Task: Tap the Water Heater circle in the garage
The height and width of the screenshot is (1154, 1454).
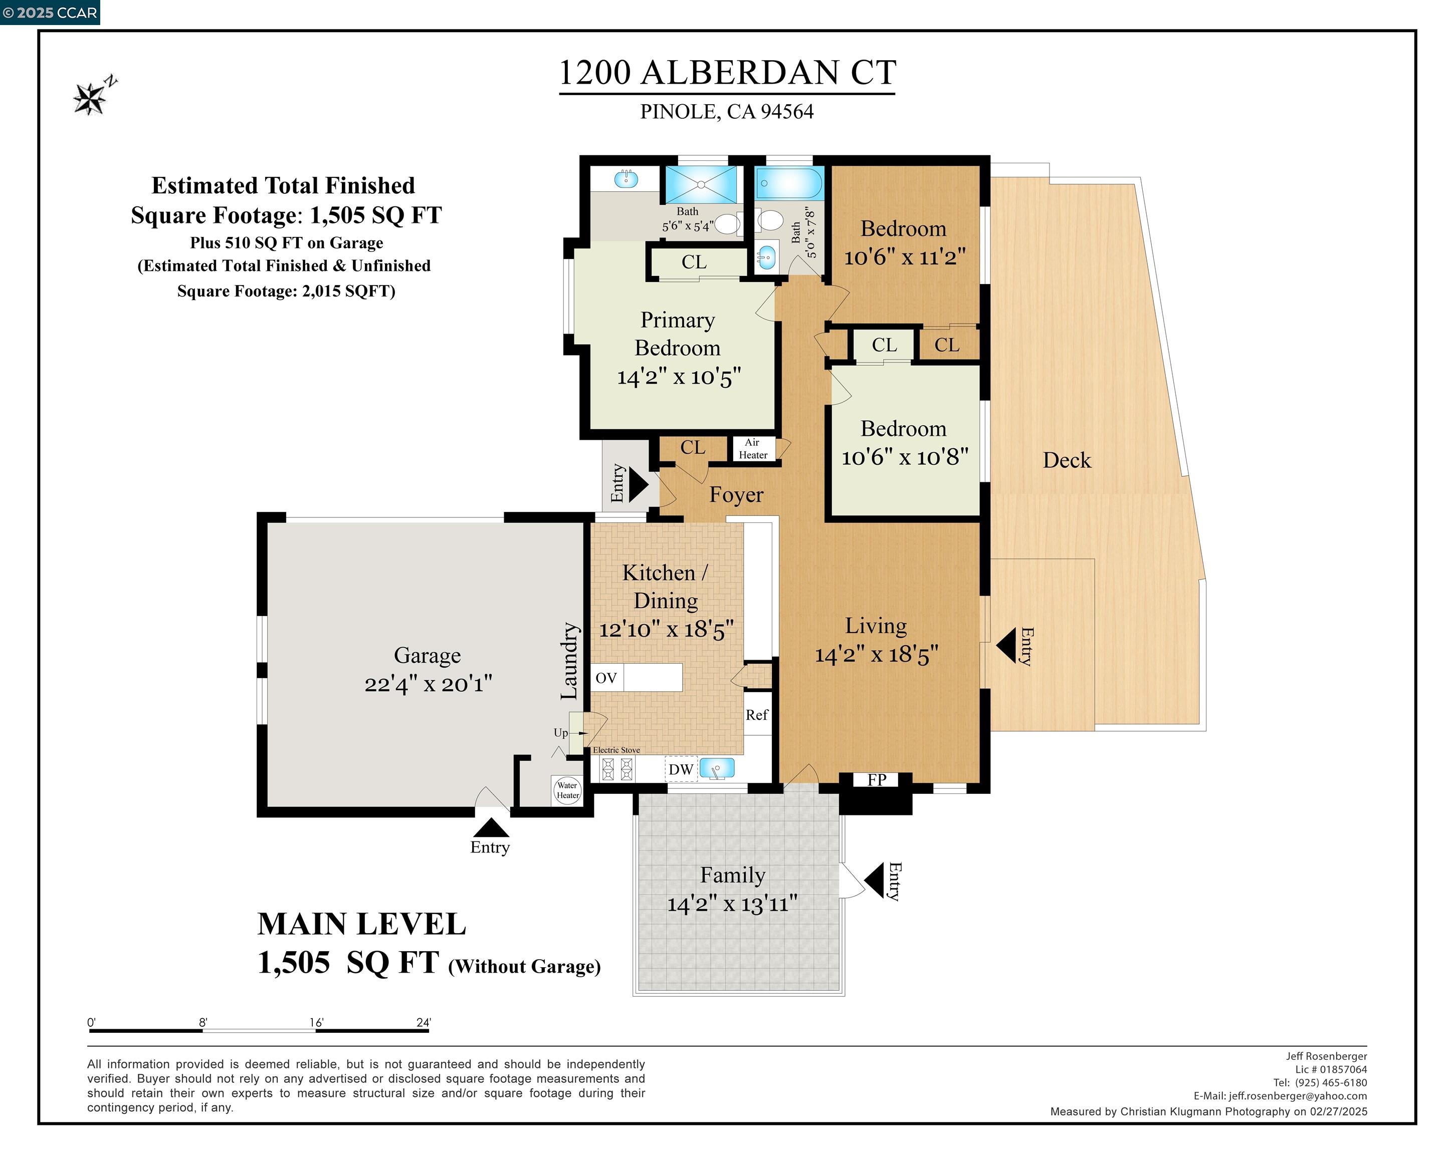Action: click(x=567, y=790)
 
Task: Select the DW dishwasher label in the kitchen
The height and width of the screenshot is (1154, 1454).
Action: click(x=681, y=769)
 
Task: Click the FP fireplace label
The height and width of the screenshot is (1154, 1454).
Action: click(x=876, y=780)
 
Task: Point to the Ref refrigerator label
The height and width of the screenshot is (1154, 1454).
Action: click(x=757, y=715)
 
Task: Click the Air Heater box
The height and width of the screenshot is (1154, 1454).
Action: click(x=753, y=449)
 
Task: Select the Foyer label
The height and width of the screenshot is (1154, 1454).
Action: click(x=736, y=495)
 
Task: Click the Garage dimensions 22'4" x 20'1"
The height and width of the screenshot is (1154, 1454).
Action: click(x=428, y=684)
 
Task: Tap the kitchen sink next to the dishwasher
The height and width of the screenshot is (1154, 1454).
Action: click(x=716, y=768)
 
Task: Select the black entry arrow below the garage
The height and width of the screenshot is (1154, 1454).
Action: click(x=491, y=827)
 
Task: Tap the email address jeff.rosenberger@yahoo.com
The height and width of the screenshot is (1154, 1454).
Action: click(x=1298, y=1096)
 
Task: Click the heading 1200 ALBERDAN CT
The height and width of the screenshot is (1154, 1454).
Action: click(x=727, y=73)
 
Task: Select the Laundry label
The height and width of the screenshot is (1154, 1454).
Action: click(x=570, y=661)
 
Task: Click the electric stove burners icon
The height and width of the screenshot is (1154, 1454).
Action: click(x=618, y=768)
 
